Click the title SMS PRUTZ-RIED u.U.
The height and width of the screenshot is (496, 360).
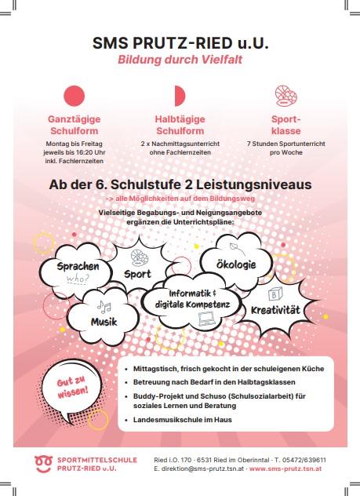click(x=180, y=43)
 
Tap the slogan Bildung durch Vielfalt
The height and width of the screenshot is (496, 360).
click(x=180, y=60)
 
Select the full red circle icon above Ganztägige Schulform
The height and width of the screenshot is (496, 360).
click(x=74, y=97)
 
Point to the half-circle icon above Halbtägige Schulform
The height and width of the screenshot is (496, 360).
click(x=179, y=96)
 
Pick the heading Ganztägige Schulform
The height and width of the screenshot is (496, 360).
click(x=74, y=125)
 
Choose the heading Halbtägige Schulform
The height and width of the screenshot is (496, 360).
click(x=180, y=125)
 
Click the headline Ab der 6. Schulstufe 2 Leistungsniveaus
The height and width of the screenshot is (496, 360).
click(x=180, y=184)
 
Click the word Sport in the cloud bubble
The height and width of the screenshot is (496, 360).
click(x=137, y=274)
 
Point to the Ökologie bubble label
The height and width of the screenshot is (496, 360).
click(x=235, y=264)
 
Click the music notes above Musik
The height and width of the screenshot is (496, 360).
click(x=104, y=306)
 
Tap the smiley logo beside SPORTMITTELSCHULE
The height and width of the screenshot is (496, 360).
click(x=43, y=463)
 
